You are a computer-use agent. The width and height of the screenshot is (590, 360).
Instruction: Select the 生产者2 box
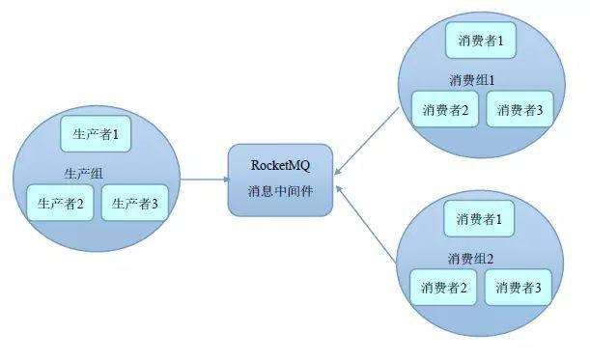click(61, 203)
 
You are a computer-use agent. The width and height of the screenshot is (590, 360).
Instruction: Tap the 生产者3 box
click(135, 203)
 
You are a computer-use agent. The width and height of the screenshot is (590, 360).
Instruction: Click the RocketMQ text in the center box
click(280, 164)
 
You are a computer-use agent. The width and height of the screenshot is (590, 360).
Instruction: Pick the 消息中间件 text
click(280, 189)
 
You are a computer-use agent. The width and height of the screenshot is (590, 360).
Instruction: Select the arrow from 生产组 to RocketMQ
click(203, 180)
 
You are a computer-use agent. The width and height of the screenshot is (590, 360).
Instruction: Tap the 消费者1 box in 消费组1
click(480, 42)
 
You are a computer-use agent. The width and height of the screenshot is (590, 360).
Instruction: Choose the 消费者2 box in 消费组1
click(445, 110)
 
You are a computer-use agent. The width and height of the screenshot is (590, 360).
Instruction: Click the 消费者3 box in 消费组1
click(520, 110)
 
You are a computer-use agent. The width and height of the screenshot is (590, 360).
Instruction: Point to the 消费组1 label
click(472, 79)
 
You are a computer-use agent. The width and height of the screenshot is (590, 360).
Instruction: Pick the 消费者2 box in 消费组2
click(444, 287)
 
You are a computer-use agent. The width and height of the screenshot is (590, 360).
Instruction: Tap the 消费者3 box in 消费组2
click(520, 287)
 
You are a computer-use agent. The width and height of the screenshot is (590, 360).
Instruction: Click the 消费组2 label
click(471, 258)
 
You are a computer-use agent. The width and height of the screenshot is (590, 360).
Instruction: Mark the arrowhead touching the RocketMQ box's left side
click(223, 180)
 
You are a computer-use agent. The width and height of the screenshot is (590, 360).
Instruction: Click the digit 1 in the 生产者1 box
click(115, 134)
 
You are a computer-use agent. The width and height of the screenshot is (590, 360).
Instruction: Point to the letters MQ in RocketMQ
click(301, 164)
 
